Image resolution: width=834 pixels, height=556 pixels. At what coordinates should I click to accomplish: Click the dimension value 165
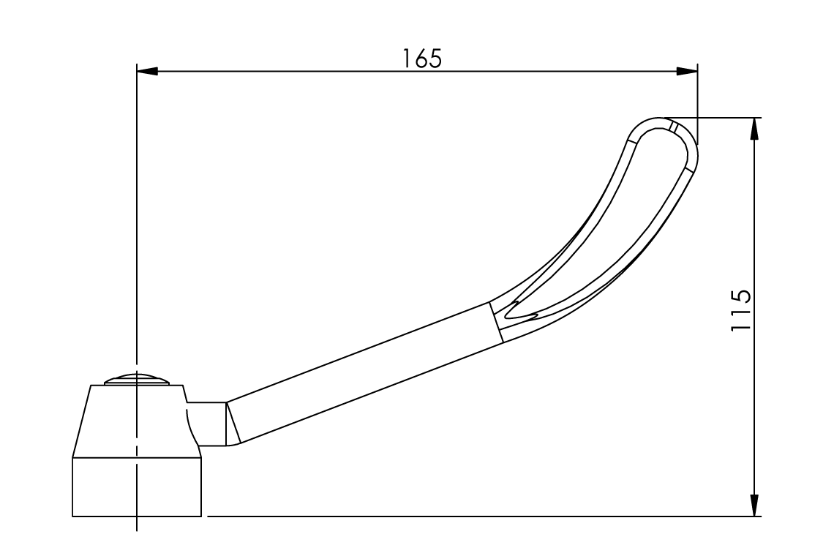point(422,59)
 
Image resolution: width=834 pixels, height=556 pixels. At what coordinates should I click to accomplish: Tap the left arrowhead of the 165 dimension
point(147,72)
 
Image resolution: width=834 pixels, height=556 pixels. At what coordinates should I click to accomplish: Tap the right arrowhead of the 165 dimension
point(687,72)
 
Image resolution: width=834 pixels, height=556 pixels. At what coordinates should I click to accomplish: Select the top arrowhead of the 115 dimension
point(754,129)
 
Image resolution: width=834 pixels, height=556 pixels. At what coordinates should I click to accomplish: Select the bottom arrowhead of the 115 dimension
point(754,506)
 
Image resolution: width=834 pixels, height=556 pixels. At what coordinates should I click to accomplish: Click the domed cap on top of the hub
point(137,379)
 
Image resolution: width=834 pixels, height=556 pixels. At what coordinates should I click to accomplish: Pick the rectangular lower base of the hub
point(137,487)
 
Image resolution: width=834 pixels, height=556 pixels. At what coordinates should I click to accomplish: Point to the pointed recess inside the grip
point(523,311)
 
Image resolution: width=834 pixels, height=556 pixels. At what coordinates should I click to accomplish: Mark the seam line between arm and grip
point(495,322)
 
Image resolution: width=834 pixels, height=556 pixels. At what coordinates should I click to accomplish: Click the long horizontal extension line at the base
point(476,516)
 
